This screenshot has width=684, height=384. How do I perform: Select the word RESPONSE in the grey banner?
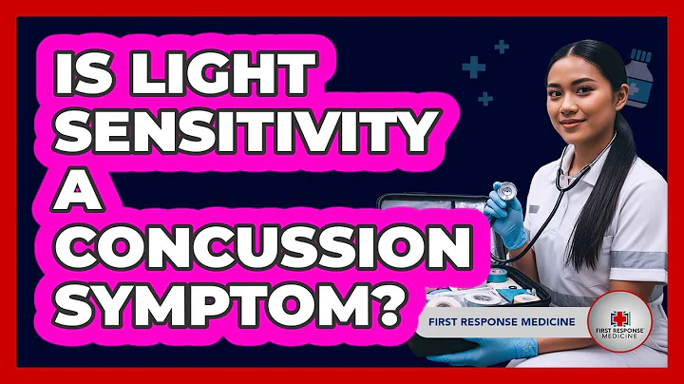tap(499, 321)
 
